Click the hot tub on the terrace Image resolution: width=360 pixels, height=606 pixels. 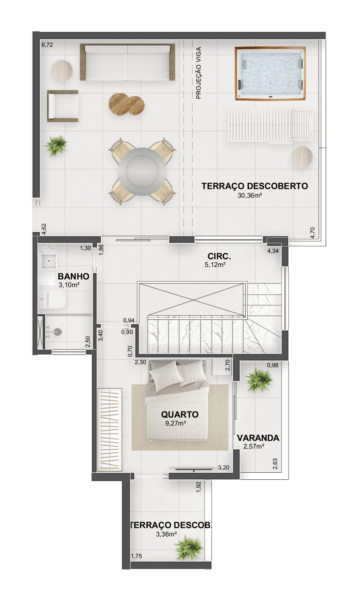click(270, 74)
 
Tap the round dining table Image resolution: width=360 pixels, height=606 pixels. click(142, 172)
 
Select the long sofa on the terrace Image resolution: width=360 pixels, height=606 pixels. click(127, 62)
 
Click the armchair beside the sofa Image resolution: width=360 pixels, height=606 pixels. click(63, 106)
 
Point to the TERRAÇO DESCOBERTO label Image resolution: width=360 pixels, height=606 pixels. click(255, 186)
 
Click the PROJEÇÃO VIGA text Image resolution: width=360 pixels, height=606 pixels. click(199, 73)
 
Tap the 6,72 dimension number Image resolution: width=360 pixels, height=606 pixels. click(47, 45)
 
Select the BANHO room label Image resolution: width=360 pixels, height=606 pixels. click(73, 276)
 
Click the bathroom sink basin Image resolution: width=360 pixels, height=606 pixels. click(49, 261)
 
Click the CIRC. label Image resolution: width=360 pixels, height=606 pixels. click(219, 256)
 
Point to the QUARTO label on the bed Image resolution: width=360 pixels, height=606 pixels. click(180, 415)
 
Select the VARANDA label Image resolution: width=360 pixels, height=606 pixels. click(258, 438)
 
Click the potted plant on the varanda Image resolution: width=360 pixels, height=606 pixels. click(259, 380)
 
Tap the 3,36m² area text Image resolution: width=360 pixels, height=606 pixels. click(166, 534)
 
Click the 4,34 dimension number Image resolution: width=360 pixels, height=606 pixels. click(273, 251)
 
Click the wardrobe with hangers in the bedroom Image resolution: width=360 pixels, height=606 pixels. click(110, 430)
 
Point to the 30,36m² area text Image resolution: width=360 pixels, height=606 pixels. click(250, 196)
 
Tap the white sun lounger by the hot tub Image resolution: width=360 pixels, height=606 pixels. click(270, 125)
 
